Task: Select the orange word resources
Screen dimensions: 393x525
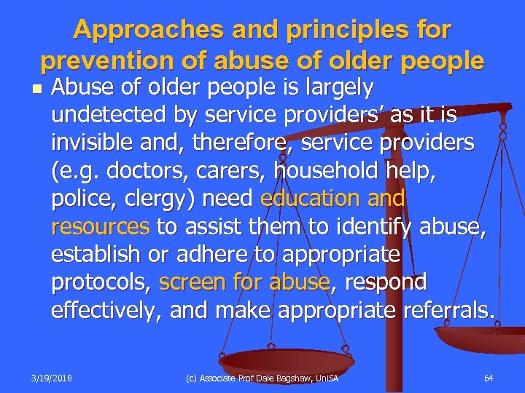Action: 100,226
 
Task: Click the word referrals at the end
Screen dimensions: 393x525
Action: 446,310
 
